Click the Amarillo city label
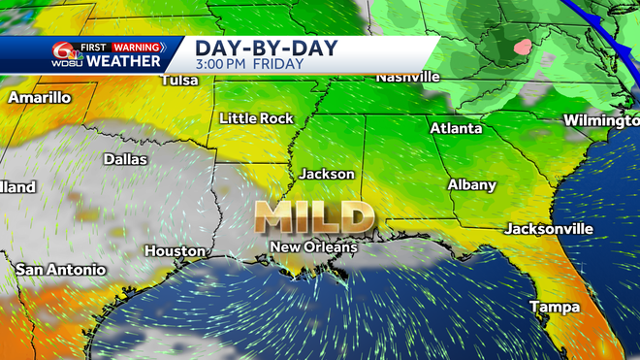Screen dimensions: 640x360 41,98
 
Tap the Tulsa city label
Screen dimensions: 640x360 179,80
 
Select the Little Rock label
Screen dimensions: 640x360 256,118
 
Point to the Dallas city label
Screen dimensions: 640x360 125,159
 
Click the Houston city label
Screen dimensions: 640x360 175,251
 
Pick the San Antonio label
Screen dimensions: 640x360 61,269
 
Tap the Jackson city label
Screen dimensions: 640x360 327,175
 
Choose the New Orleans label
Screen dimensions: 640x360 313,247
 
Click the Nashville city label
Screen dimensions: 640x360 408,77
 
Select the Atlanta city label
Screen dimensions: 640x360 456,128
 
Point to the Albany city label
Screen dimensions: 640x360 471,184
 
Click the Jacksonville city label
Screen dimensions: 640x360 548,229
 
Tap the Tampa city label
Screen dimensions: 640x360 555,307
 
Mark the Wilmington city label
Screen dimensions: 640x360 600,120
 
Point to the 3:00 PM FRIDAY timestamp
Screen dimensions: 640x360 249,64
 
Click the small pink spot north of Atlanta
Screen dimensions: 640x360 525,46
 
